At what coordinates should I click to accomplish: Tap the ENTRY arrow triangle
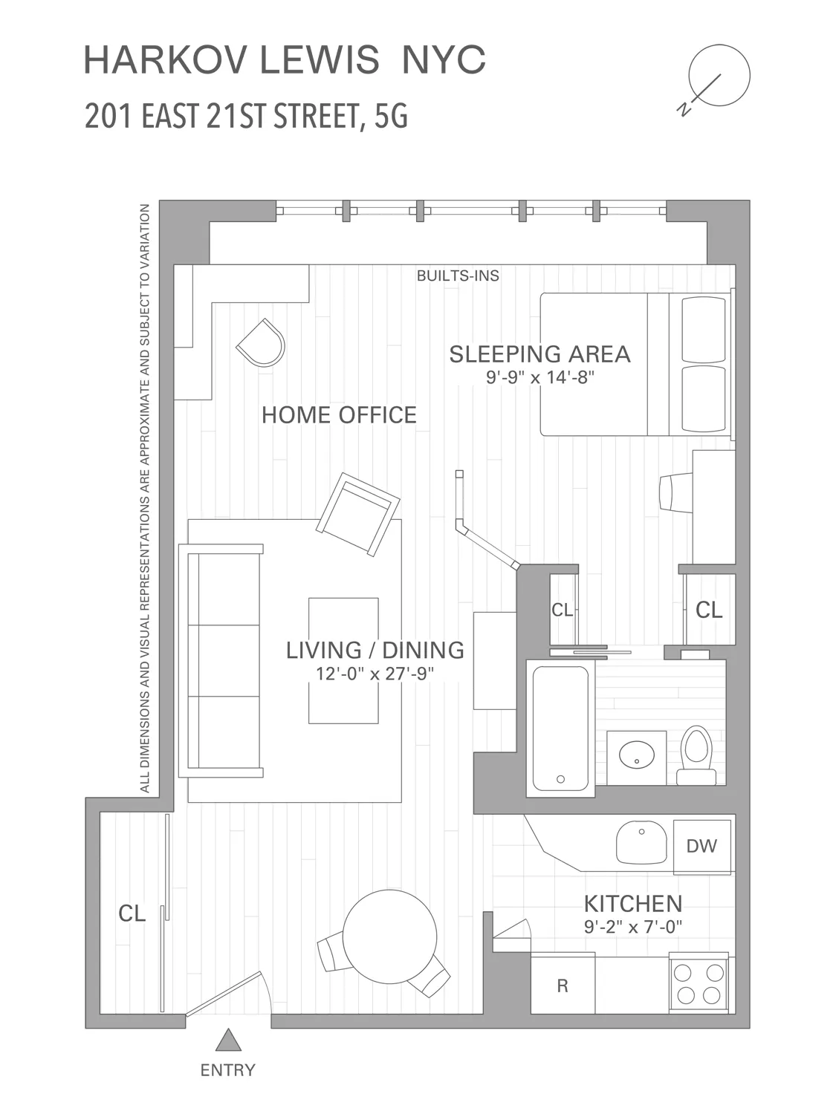click(x=228, y=1040)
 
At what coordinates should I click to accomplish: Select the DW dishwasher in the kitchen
click(x=701, y=846)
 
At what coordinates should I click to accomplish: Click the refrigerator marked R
click(x=563, y=985)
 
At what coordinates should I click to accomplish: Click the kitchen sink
click(x=641, y=843)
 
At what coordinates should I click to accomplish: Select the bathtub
click(x=561, y=728)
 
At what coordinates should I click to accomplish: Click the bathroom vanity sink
click(x=636, y=755)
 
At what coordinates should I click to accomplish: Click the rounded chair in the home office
click(x=262, y=342)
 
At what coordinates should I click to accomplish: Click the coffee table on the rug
click(x=343, y=660)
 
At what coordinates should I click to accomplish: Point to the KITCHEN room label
click(x=632, y=904)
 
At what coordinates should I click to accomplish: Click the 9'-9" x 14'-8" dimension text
click(x=540, y=377)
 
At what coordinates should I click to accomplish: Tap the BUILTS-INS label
click(x=458, y=276)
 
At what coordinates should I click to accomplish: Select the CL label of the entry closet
click(x=132, y=913)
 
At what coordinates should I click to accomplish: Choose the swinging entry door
click(x=226, y=993)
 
